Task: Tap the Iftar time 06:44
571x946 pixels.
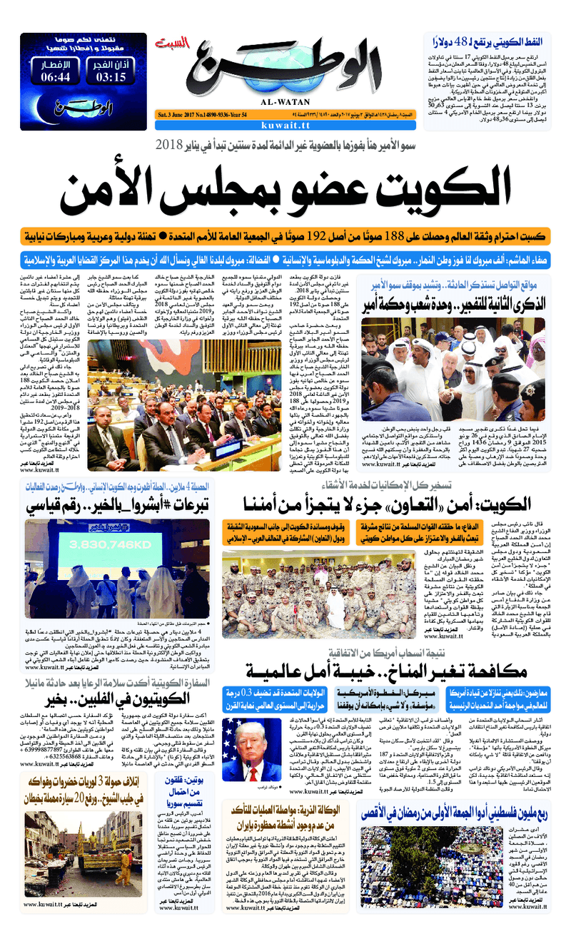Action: coord(56,76)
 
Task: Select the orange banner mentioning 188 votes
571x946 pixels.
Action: coord(285,235)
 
